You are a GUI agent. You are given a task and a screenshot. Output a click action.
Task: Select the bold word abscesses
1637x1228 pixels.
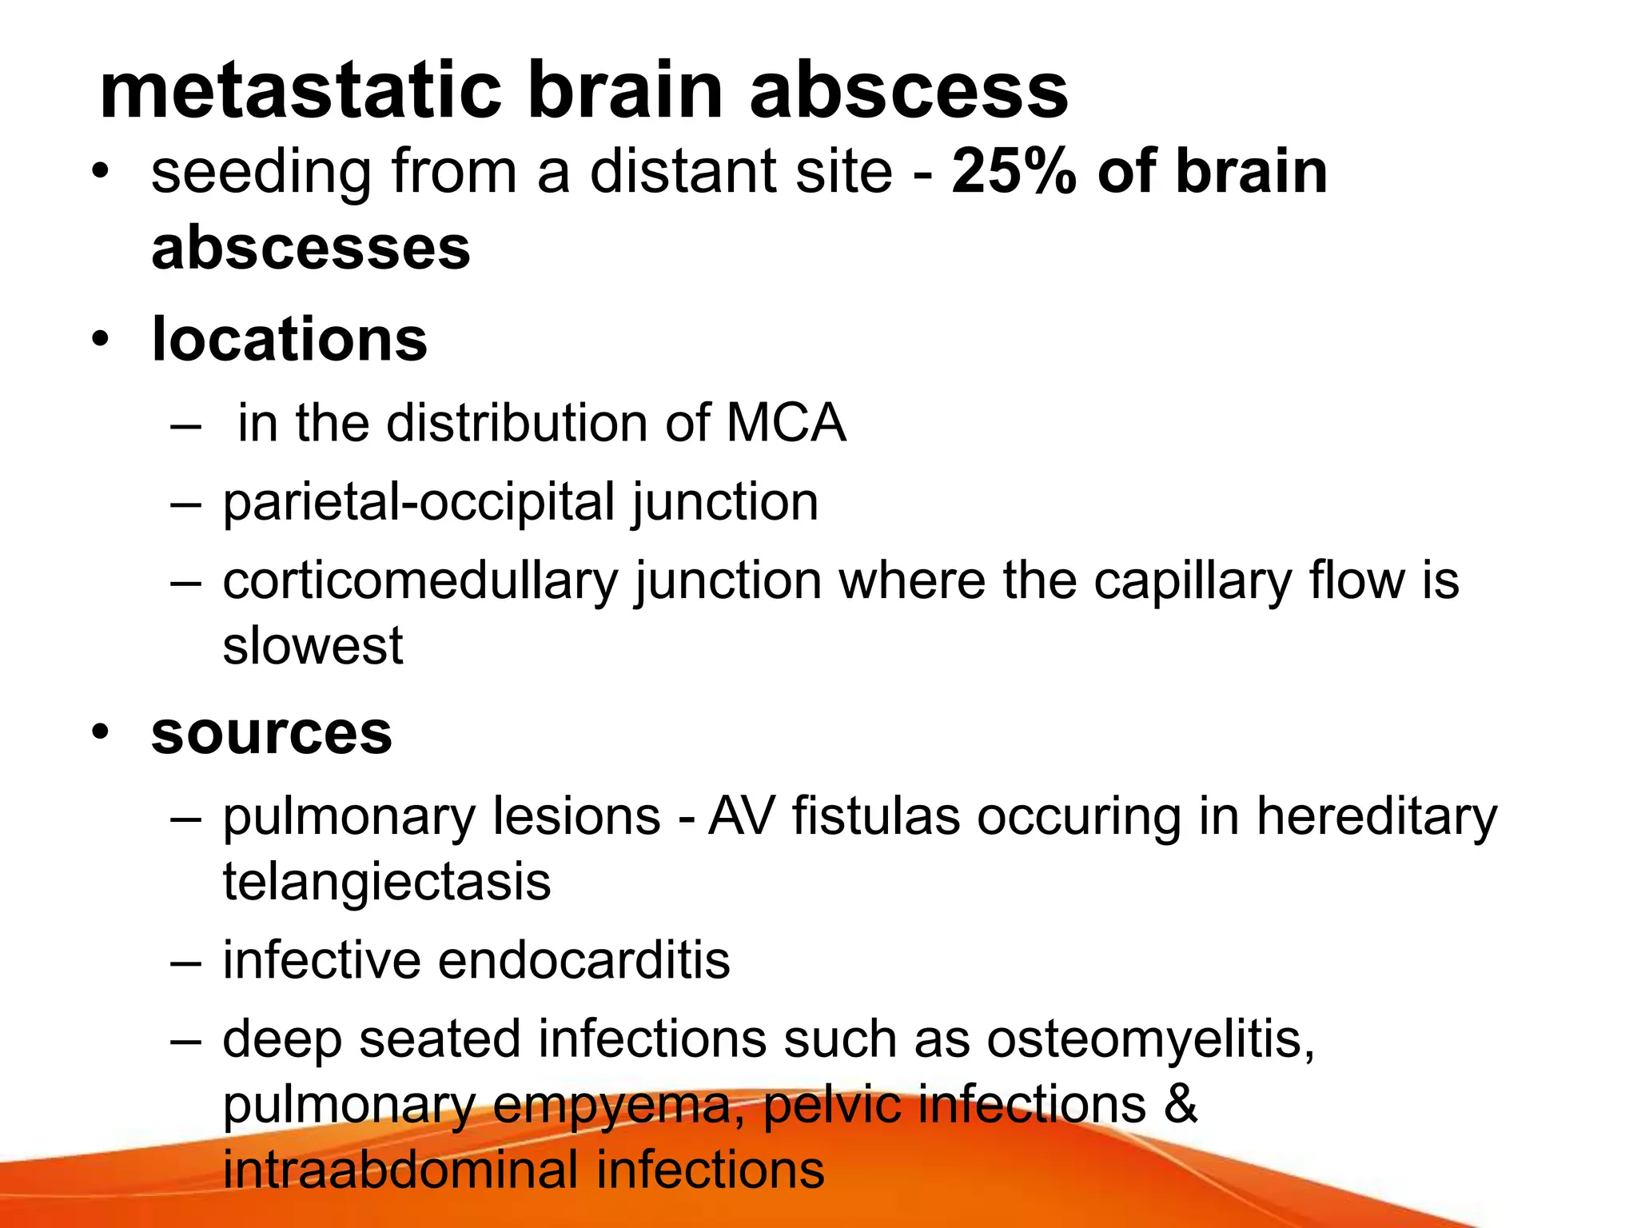pyautogui.click(x=311, y=247)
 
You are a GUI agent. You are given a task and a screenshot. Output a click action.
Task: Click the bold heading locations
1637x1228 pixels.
pyautogui.click(x=289, y=340)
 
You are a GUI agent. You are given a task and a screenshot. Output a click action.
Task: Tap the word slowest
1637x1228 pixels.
pyautogui.click(x=313, y=645)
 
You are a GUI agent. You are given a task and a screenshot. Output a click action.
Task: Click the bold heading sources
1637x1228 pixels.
pyautogui.click(x=272, y=732)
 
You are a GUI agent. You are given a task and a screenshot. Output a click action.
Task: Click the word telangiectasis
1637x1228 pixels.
pyautogui.click(x=387, y=882)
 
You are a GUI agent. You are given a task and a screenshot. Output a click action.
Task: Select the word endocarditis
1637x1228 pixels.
pyautogui.click(x=584, y=959)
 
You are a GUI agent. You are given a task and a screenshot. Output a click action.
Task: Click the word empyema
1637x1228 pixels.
pyautogui.click(x=621, y=1105)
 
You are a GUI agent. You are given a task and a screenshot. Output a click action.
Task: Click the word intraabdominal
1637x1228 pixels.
pyautogui.click(x=400, y=1170)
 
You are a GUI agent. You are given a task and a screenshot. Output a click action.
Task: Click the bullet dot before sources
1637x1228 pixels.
pyautogui.click(x=99, y=732)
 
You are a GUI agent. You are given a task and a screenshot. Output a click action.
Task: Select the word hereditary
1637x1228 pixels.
pyautogui.click(x=1376, y=816)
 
